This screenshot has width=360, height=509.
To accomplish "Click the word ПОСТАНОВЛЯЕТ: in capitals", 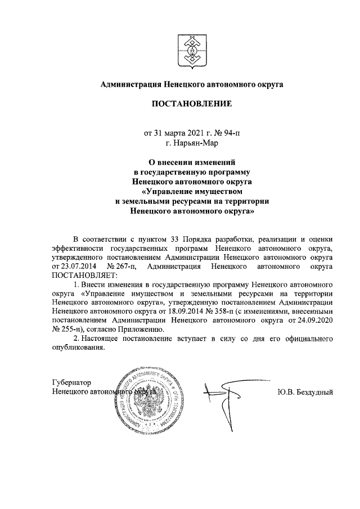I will (x=83, y=276).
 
